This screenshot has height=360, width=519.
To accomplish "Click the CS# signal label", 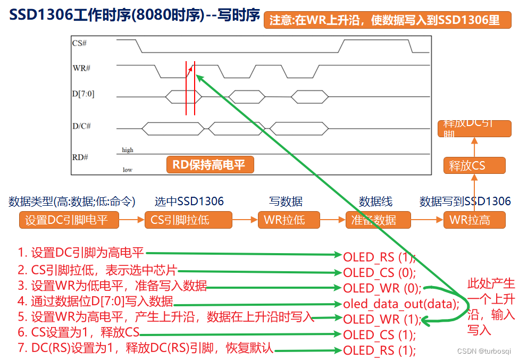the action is [x=80, y=44].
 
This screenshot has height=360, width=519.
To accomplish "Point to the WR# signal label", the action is [x=81, y=68].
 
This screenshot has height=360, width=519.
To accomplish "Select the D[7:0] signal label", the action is [x=83, y=94].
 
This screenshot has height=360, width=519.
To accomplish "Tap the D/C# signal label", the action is [x=82, y=126].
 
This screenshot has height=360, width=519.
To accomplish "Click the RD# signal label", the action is [x=80, y=157].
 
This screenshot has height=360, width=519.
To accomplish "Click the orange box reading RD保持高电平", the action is [x=210, y=165].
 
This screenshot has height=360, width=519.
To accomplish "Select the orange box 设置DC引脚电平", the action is [x=69, y=220].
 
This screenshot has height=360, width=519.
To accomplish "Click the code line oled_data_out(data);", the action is [x=401, y=304].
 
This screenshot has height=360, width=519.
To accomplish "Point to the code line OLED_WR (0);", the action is [x=382, y=288].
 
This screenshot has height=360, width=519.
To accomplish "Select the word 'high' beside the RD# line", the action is [x=128, y=150].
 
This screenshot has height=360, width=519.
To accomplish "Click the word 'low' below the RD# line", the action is [x=127, y=170].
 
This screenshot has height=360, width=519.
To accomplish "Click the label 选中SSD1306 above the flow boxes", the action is [x=189, y=201].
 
